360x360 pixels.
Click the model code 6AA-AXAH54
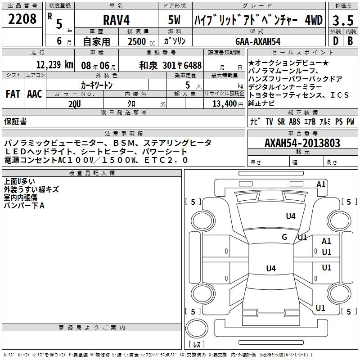pos(258,41)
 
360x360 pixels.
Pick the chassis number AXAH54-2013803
pos(302,143)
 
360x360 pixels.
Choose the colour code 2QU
pos(74,103)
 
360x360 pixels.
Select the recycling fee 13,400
pos(224,103)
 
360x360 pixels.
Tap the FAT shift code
pos(13,94)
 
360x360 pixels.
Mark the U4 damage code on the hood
pos(291,216)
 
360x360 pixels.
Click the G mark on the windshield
pos(284,237)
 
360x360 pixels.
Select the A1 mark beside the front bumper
pos(321,184)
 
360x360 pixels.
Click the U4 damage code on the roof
pos(270,269)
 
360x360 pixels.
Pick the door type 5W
pos(175,21)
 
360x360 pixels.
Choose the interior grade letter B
pos(350,41)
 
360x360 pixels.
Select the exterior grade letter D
pos(335,41)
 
